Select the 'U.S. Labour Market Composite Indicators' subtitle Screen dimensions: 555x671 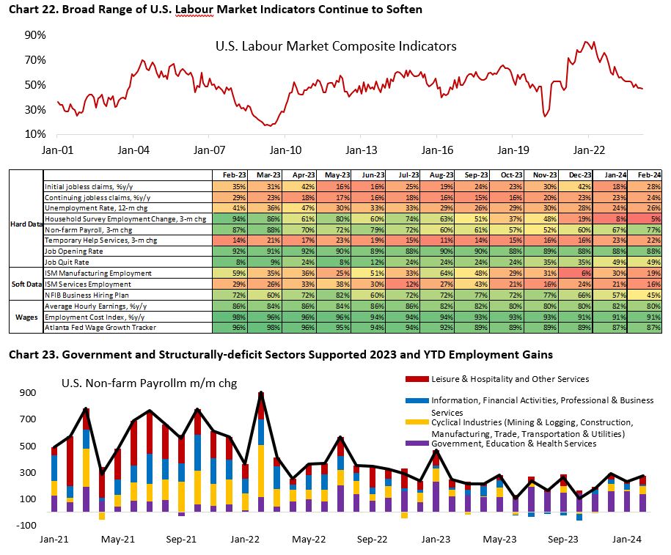pos(336,46)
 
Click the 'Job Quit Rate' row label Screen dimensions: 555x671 pos(67,260)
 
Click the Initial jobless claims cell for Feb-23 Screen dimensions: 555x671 pos(224,187)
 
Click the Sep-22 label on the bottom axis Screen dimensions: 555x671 pos(373,540)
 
